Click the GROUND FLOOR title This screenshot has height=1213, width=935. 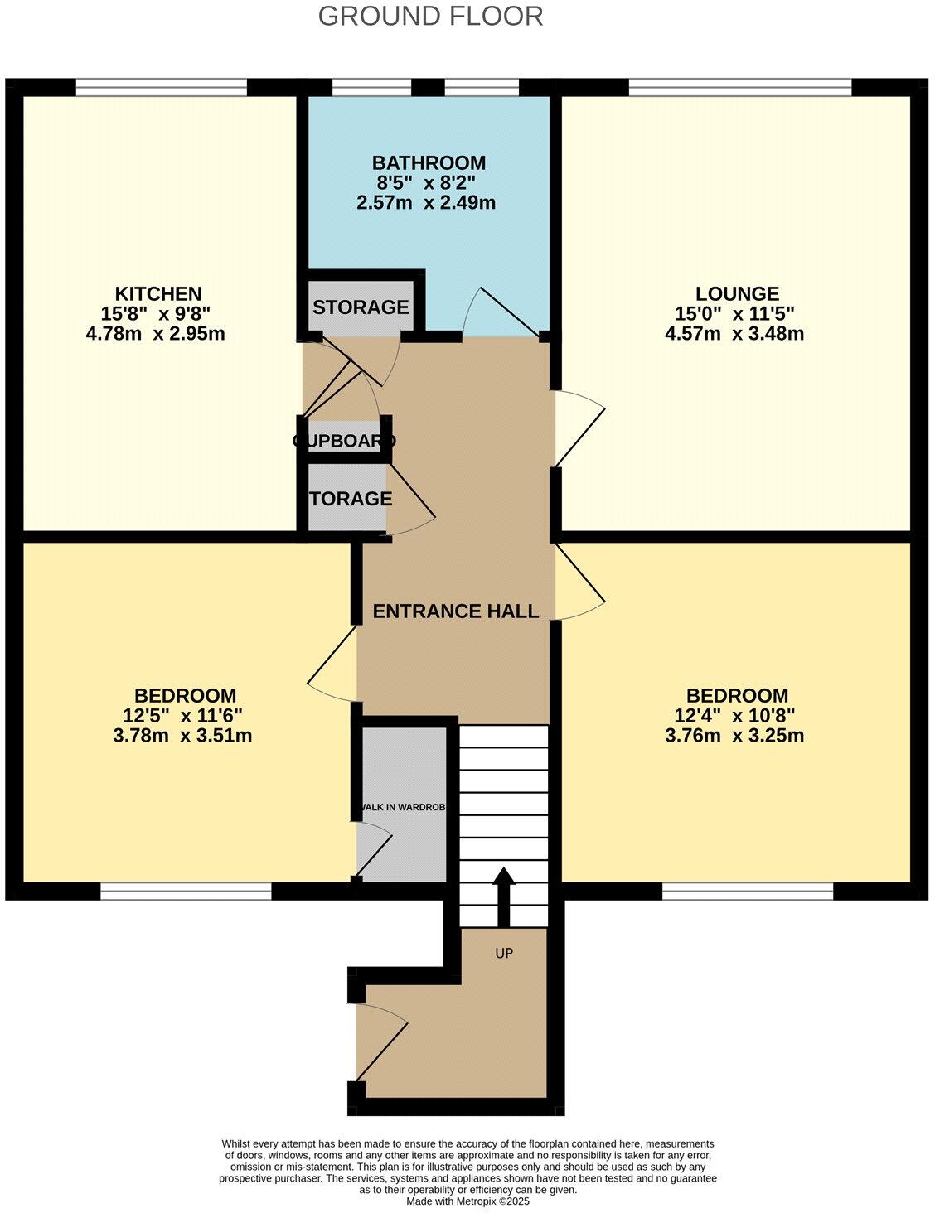430,16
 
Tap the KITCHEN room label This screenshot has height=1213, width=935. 157,293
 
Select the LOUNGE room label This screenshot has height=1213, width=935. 736,293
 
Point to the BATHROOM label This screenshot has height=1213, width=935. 428,162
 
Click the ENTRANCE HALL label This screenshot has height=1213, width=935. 455,611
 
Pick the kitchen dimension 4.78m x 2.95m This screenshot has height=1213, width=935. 155,334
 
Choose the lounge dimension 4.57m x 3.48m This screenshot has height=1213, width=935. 734,334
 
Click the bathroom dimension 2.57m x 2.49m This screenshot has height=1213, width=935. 426,202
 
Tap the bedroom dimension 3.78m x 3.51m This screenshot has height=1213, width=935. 182,736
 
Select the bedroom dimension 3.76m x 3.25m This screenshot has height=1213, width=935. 734,736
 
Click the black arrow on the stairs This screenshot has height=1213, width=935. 503,895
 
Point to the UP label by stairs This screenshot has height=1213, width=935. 504,953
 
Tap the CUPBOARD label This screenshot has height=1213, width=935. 344,441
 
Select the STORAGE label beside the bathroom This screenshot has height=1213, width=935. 361,307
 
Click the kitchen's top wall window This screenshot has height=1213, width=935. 161,87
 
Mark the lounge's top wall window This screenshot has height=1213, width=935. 739,87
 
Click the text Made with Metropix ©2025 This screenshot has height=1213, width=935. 467,1201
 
